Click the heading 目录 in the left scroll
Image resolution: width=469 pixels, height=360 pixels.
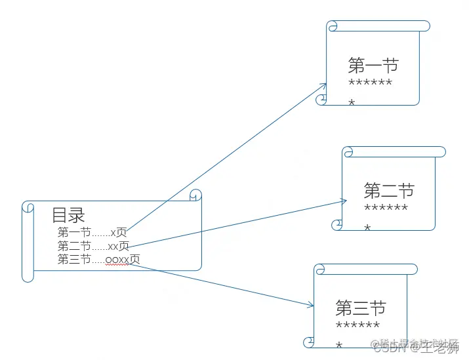tap(69, 215)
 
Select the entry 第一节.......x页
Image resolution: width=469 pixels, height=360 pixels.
tap(92, 232)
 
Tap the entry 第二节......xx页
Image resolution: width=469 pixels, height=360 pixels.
tap(93, 246)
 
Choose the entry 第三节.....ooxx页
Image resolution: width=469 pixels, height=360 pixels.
tap(98, 259)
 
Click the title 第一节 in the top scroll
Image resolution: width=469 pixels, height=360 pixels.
tap(373, 66)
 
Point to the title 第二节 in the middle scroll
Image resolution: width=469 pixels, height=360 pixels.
tap(389, 191)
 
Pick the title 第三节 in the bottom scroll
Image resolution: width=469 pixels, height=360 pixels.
tap(360, 308)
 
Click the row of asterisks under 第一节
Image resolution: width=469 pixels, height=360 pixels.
tap(371, 83)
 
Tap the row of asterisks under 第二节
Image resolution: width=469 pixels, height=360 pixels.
tap(386, 209)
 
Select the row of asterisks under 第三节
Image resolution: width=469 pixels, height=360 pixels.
tap(357, 325)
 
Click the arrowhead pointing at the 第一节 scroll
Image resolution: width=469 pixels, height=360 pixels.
tap(325, 85)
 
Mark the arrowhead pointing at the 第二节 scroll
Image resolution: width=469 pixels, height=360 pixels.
tap(344, 201)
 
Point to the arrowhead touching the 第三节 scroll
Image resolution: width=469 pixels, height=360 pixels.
tap(311, 304)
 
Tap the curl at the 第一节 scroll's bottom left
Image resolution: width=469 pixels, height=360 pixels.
tap(321, 99)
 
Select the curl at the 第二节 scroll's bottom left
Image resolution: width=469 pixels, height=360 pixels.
tap(337, 225)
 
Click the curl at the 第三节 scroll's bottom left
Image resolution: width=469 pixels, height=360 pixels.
tap(309, 342)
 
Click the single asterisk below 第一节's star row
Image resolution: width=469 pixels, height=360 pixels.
tap(352, 102)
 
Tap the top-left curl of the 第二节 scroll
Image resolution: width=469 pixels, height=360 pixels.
tap(348, 153)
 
